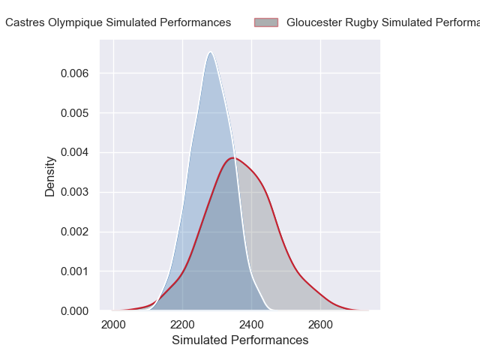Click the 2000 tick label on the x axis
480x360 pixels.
[x=113, y=325]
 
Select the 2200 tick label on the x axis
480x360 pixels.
[x=182, y=325]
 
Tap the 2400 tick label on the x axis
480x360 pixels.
[x=251, y=325]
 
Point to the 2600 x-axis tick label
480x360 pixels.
[x=320, y=325]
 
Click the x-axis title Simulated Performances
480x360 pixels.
[x=240, y=340]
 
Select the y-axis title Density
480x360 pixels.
[x=50, y=176]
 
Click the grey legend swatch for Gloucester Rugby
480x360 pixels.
[x=266, y=22]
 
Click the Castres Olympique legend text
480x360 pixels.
[x=118, y=22]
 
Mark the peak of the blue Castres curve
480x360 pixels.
[x=211, y=52]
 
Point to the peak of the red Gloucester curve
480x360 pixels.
[x=234, y=157]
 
